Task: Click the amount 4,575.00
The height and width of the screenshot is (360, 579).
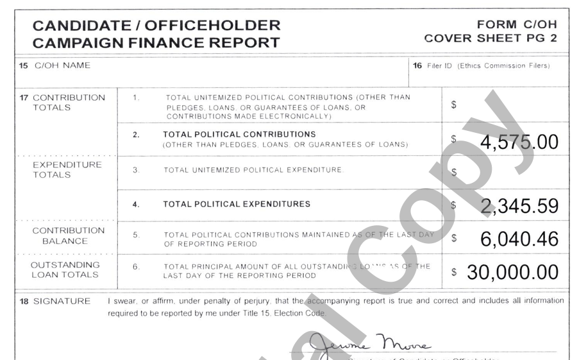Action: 519,142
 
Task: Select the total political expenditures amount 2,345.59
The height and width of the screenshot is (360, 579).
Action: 519,206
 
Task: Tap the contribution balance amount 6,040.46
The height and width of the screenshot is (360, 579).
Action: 519,239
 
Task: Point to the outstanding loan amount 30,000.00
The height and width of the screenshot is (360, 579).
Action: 512,272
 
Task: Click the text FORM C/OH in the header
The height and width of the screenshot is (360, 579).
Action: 517,25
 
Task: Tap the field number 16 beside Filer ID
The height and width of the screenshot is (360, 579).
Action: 417,65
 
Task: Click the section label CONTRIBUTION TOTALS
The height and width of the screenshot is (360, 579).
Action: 69,103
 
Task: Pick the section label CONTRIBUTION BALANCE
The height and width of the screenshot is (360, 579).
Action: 68,236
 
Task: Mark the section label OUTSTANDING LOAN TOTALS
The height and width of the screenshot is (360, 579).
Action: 65,270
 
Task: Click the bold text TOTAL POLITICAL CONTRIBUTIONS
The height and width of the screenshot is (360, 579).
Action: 239,135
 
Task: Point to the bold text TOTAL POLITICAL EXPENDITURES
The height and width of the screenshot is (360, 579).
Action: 237,204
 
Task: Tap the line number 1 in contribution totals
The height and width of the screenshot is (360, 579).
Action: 135,98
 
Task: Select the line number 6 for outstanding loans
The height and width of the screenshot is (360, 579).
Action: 136,266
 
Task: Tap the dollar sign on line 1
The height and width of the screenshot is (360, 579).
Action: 453,105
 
